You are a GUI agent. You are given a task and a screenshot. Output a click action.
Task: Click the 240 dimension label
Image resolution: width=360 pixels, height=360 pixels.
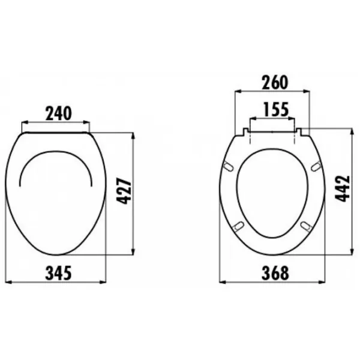tap(59, 113)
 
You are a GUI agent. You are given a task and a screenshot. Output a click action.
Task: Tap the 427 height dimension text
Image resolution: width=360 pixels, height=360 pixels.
tap(124, 191)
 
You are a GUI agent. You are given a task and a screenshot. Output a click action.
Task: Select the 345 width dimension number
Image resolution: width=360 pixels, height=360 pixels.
tap(59, 273)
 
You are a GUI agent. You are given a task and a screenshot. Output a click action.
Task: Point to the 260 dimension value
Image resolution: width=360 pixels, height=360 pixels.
tap(275, 82)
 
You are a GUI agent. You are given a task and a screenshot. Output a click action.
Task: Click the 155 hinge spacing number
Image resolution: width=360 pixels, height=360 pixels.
tap(276, 110)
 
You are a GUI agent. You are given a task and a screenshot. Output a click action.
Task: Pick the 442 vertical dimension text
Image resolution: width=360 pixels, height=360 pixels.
tap(343, 189)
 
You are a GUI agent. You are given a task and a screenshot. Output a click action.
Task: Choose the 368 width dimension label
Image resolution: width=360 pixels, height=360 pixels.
tap(275, 273)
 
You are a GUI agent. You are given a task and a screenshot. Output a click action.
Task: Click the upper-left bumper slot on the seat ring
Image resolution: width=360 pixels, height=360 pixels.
tap(228, 166)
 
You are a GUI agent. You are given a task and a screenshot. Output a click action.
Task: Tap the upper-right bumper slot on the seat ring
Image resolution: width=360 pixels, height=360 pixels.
tap(316, 166)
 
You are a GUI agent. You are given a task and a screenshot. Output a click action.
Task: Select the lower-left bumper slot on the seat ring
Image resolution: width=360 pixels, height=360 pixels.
tap(238, 226)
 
